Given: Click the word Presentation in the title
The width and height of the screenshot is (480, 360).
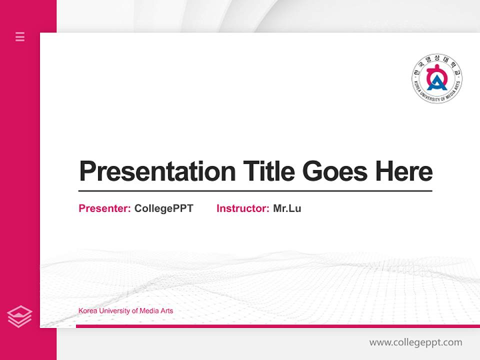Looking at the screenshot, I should [157, 171].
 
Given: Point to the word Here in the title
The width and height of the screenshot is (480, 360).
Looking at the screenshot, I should [404, 171].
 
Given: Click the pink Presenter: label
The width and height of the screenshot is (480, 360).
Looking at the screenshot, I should [104, 208].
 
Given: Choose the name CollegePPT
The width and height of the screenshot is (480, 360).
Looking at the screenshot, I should [163, 208].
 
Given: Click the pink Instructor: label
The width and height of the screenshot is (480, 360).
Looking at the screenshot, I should [242, 208].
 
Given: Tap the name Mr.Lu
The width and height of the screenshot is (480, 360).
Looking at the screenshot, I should [287, 208].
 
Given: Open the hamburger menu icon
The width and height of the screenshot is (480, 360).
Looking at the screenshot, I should [20, 36].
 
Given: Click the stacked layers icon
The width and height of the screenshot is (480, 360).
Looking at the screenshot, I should [19, 316].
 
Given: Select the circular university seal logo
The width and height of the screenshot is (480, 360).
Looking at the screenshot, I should [437, 79].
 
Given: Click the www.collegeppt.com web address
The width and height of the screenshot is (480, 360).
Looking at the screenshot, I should [415, 342].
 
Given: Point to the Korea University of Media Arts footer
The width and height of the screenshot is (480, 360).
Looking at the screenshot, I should [125, 311].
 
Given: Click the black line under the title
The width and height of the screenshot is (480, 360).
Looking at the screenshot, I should [255, 190].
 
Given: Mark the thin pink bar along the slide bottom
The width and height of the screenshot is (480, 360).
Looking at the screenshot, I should [277, 326].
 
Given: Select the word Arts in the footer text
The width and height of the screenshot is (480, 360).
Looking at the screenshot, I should [167, 311].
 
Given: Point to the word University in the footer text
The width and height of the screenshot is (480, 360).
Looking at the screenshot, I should [115, 311].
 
